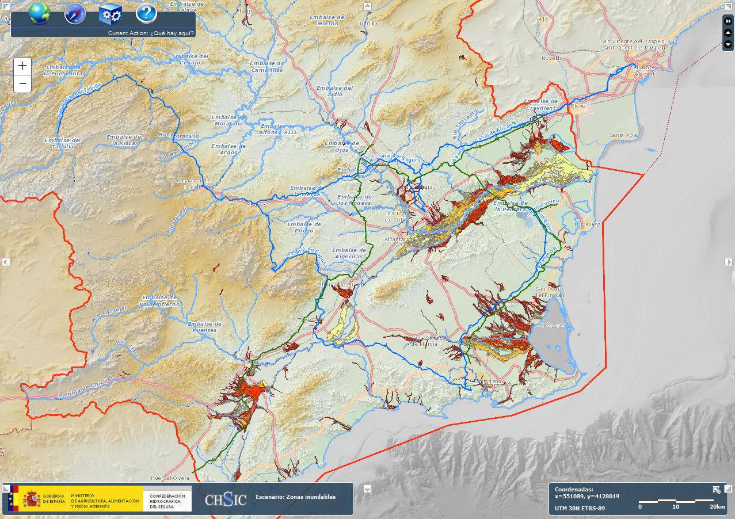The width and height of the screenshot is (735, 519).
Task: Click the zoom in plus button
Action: pos(22,66)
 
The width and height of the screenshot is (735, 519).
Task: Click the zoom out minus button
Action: pos(22,84)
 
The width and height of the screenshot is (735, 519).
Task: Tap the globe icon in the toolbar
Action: pos(39,13)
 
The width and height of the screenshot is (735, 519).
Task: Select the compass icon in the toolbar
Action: pos(75,13)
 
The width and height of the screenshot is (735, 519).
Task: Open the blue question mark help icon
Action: pos(146,13)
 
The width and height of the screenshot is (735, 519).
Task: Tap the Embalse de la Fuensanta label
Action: pos(63,71)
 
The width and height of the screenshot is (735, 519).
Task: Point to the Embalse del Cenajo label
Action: pos(190,59)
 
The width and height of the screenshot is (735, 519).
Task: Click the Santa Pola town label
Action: pos(623,135)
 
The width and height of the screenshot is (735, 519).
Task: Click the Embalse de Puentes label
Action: pos(204,327)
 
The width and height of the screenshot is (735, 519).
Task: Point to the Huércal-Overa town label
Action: pos(170,478)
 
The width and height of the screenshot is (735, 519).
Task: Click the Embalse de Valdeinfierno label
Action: pos(158,300)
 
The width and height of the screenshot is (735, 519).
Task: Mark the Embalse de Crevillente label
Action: pos(541,104)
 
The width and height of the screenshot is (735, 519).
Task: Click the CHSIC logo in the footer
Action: pos(226,499)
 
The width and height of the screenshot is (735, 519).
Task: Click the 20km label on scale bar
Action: pos(717,507)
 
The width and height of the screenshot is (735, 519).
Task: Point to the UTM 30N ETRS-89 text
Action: pos(580,508)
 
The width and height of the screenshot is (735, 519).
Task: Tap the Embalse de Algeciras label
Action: pos(349,253)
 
